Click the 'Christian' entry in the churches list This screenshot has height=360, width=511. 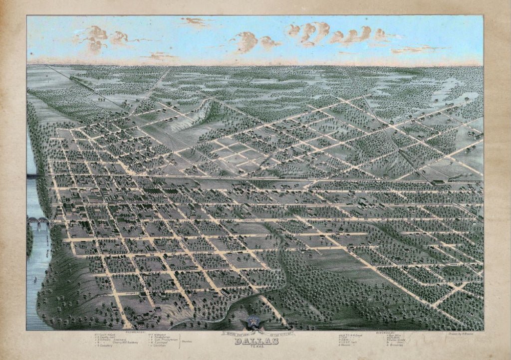tap(162, 345)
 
